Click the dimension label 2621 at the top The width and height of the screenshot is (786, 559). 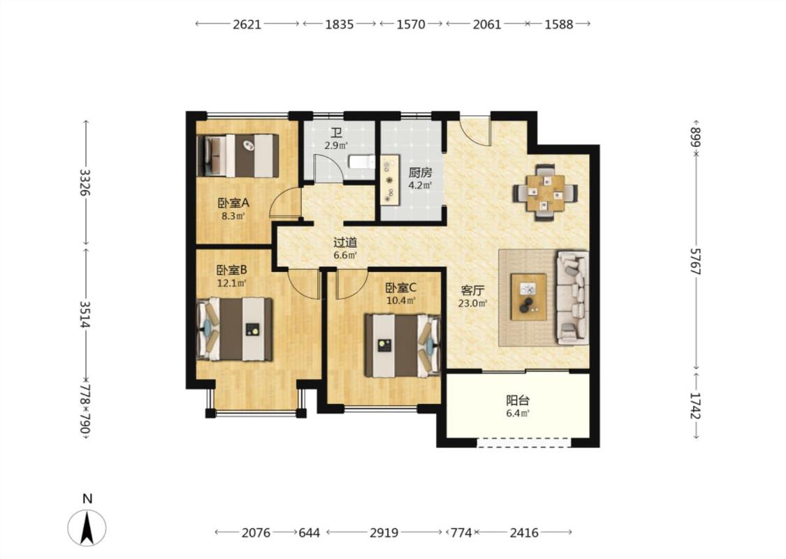click(x=247, y=24)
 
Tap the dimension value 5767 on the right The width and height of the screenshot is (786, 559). click(x=695, y=261)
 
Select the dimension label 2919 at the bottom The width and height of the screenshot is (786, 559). click(x=384, y=532)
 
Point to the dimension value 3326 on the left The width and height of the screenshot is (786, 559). click(x=86, y=182)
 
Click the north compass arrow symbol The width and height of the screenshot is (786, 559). click(x=87, y=528)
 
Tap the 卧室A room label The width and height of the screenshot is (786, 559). click(x=233, y=203)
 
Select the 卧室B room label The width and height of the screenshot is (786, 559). click(x=231, y=270)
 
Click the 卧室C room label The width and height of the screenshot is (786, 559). click(x=400, y=288)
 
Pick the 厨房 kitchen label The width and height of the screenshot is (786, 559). click(x=420, y=173)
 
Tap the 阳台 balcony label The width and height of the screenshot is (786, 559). click(x=518, y=400)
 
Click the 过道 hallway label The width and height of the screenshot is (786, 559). click(x=345, y=242)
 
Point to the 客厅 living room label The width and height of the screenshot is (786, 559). click(x=473, y=291)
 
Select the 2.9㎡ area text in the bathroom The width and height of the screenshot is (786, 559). click(x=336, y=146)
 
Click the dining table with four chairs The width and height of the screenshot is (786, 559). click(x=545, y=193)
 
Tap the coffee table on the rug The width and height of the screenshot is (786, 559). click(x=528, y=297)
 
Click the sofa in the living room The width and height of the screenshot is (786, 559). click(x=572, y=298)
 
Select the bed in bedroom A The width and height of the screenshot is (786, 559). click(x=238, y=155)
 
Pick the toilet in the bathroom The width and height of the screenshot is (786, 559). click(x=361, y=162)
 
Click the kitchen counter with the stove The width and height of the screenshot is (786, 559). click(x=390, y=180)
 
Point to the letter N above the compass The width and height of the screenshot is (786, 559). click(x=88, y=499)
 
